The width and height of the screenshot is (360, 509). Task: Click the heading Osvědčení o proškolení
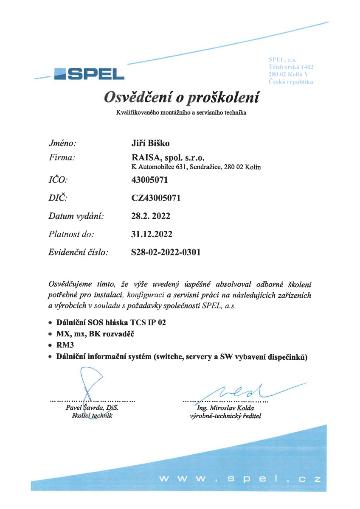[x=181, y=98]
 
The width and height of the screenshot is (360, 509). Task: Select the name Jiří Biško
[x=151, y=143]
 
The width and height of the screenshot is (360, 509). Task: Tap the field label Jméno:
[x=62, y=143]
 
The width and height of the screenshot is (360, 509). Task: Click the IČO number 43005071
[x=150, y=180]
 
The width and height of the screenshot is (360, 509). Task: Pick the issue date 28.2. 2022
[x=151, y=216]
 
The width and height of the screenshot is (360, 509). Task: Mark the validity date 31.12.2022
[x=152, y=234]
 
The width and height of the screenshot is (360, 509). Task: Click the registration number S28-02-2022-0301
[x=166, y=252]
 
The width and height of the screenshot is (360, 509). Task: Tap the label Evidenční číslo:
[x=78, y=252]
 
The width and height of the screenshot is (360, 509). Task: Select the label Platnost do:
[x=71, y=234]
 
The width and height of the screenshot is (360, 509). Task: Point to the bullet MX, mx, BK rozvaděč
[x=96, y=334]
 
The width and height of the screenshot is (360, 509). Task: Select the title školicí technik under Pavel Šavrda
[x=92, y=416]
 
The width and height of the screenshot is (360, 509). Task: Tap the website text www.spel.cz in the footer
[x=240, y=480]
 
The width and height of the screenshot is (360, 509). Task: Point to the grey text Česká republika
[x=291, y=82]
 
